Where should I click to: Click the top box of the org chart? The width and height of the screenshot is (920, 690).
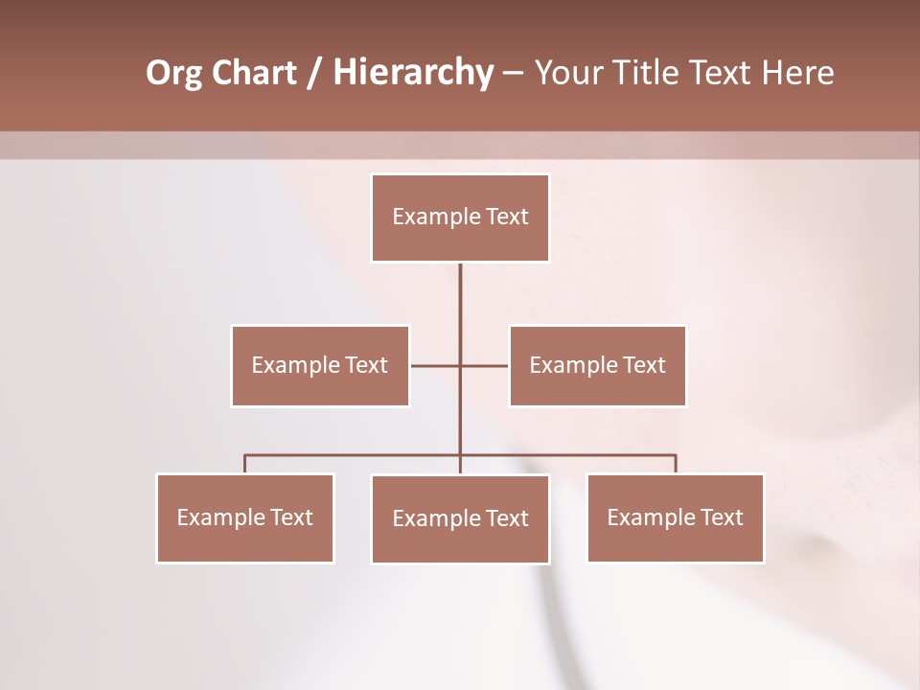(x=460, y=218)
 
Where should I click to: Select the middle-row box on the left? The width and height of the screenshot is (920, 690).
(x=320, y=365)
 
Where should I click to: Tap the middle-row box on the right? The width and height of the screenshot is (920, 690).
(x=597, y=365)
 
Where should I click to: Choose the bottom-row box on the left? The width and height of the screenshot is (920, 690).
(x=245, y=517)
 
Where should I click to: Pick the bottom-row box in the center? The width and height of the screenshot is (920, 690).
(x=460, y=518)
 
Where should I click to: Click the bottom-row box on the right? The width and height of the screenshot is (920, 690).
(x=675, y=517)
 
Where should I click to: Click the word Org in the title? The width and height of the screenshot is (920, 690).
(x=173, y=73)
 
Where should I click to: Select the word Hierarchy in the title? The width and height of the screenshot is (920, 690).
(x=412, y=73)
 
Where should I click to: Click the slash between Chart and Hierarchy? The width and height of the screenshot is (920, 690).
(x=314, y=73)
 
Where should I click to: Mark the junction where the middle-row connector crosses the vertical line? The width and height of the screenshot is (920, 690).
(x=460, y=365)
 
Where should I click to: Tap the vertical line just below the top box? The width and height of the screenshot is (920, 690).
(x=460, y=287)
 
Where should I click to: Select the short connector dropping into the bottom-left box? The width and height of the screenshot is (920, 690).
(x=245, y=465)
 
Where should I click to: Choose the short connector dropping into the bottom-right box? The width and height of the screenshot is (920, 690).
(x=676, y=465)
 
